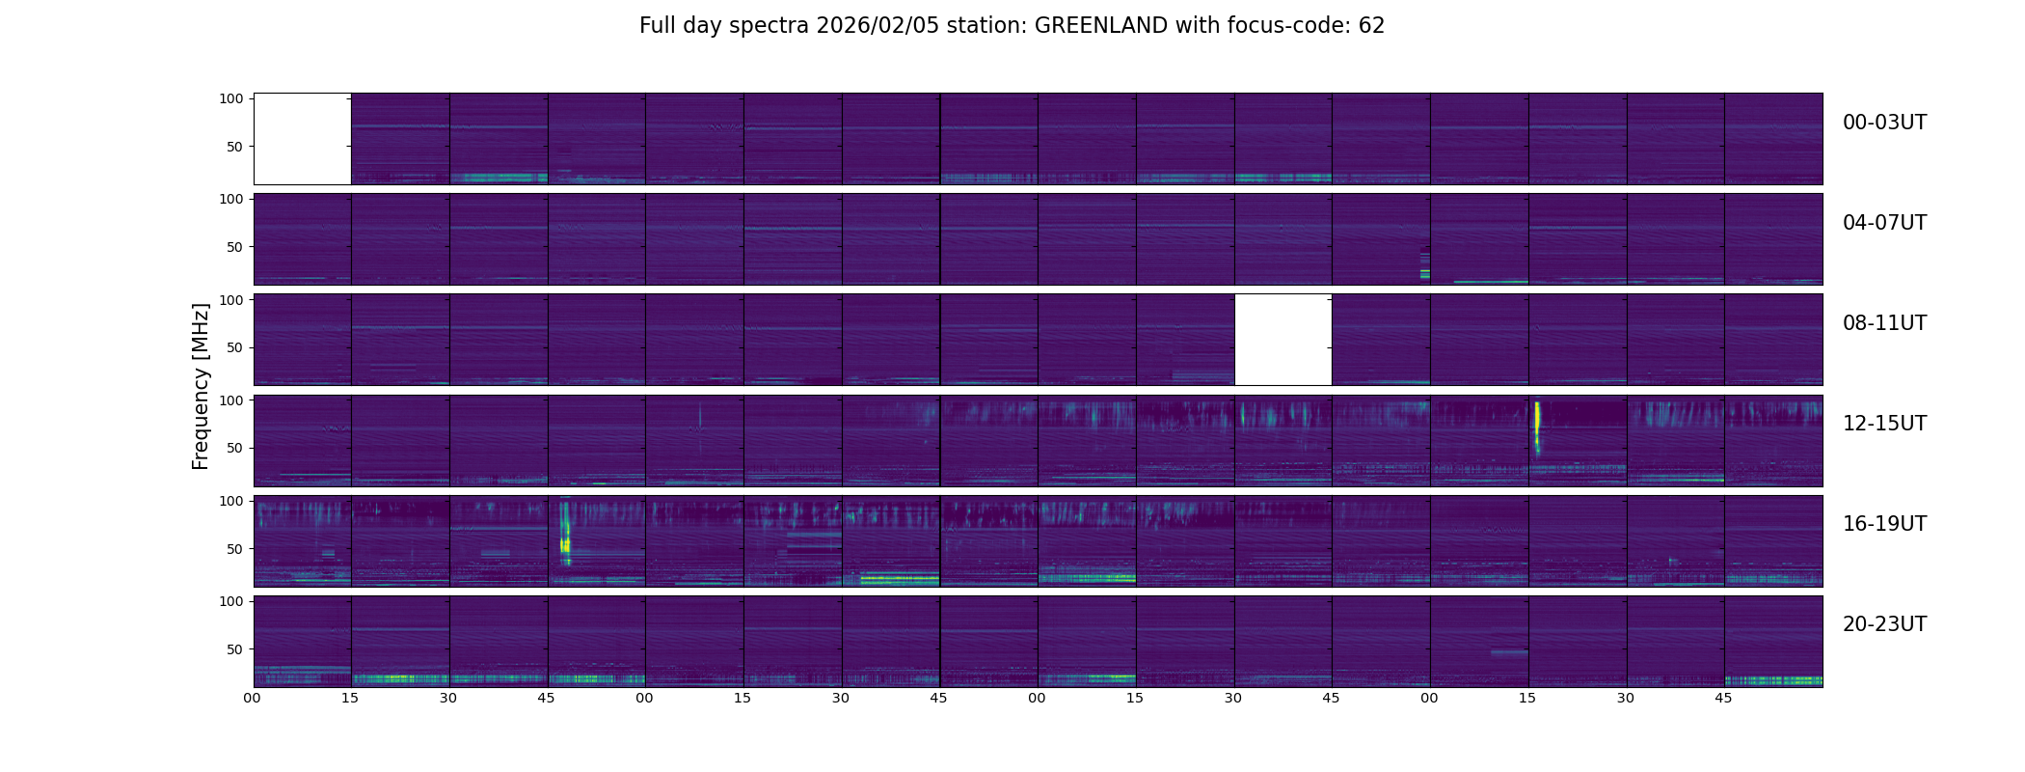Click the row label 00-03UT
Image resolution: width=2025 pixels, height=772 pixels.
[1884, 123]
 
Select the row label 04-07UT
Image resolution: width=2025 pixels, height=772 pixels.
[1884, 223]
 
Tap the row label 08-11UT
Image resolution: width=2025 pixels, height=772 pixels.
[1884, 323]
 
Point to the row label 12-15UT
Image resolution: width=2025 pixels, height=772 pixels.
[1884, 424]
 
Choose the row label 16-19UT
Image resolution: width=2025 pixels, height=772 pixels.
[1884, 524]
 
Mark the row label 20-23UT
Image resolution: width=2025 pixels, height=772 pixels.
[1884, 624]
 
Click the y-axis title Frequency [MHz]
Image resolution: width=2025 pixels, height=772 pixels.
[201, 387]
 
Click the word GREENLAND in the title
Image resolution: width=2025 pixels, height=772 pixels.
[1101, 26]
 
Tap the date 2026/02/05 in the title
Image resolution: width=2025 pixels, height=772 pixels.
[875, 26]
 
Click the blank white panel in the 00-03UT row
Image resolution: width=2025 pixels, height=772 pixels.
[303, 139]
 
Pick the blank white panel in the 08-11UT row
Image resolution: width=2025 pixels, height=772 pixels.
[1283, 340]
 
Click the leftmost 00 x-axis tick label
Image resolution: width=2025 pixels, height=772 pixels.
[253, 698]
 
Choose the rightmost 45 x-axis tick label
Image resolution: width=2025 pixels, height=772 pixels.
[1723, 698]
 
